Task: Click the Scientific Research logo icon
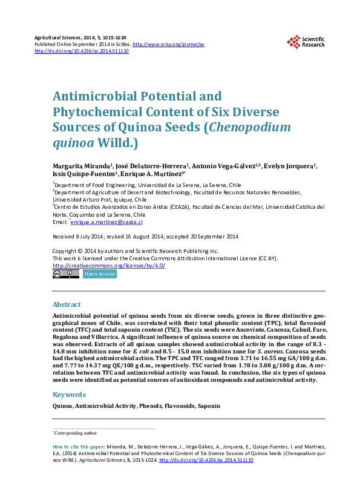(x=294, y=42)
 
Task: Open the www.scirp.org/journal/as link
(x=168, y=44)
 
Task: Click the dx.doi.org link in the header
(x=82, y=51)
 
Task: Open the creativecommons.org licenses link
(x=108, y=266)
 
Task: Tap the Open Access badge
(x=100, y=274)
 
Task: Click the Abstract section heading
(x=67, y=304)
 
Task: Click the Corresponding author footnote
(x=76, y=433)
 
